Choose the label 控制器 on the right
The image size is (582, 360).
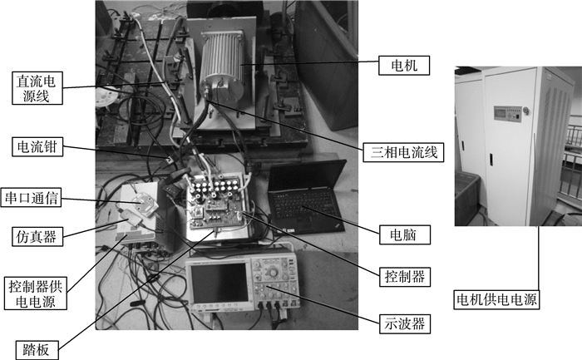(x=397, y=273)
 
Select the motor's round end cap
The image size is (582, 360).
(x=219, y=85)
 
